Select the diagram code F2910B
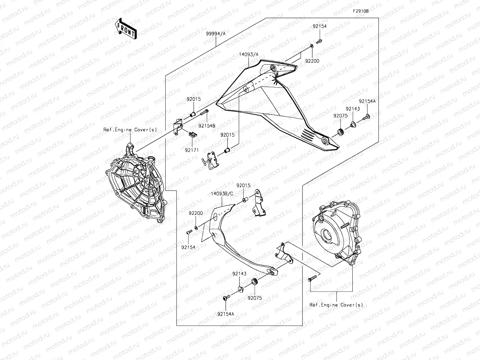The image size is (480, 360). click(x=361, y=11)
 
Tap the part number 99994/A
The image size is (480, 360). click(x=216, y=33)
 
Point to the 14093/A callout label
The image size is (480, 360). click(x=249, y=54)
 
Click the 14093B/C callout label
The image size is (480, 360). click(x=222, y=194)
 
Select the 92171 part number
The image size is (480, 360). click(x=192, y=150)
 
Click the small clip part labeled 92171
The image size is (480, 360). click(x=192, y=134)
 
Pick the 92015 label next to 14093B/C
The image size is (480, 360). click(x=243, y=185)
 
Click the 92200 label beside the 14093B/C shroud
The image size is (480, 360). click(x=196, y=213)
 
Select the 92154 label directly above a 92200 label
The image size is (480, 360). click(x=319, y=26)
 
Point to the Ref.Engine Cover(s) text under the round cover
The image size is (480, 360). click(x=336, y=305)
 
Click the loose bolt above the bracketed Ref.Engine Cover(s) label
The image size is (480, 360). click(x=311, y=279)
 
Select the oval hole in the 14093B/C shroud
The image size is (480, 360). click(x=271, y=271)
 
